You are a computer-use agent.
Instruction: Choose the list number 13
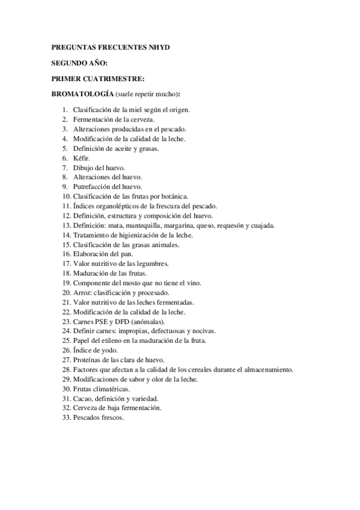tap(66, 226)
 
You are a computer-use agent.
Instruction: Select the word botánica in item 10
tap(174, 197)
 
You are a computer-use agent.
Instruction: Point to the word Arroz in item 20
tap(81, 293)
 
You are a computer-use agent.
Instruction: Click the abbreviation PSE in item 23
tap(101, 322)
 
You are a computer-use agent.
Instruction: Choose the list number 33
tap(66, 418)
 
